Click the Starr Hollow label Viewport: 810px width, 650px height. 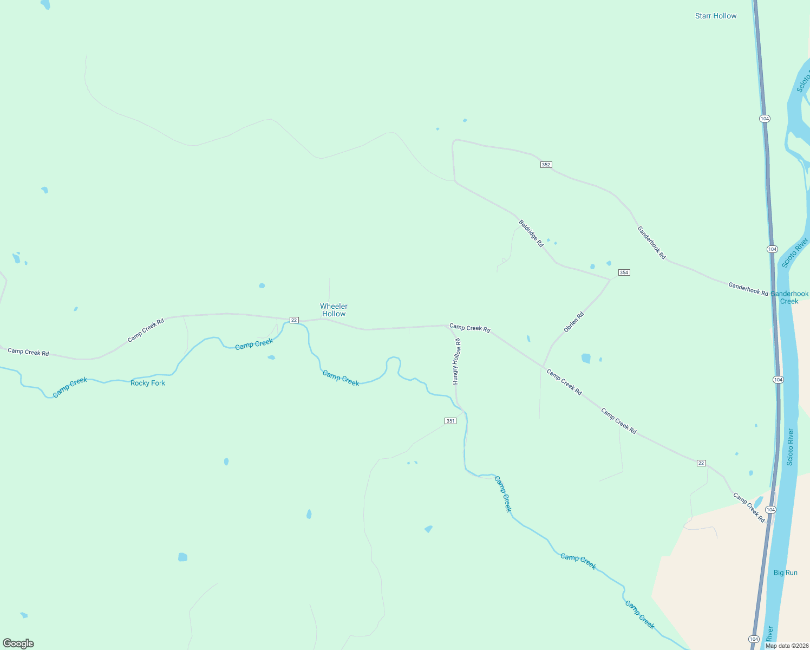715,16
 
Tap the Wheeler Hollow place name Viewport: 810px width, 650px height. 334,310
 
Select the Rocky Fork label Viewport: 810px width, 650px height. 147,383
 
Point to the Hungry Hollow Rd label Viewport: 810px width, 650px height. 456,361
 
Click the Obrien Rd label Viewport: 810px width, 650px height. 573,322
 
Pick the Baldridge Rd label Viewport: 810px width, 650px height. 531,233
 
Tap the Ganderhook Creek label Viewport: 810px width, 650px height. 789,297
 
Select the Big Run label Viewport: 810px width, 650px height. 785,573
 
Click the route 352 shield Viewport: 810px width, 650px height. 546,165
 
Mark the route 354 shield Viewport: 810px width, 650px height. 624,272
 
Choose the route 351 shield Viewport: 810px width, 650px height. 450,421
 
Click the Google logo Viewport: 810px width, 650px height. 18,643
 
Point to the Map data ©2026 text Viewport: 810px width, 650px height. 786,646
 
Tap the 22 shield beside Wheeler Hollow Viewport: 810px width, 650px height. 294,320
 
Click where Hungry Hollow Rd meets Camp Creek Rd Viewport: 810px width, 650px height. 447,326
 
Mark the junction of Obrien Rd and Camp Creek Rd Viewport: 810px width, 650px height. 543,367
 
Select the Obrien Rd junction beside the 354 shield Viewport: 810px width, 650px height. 611,279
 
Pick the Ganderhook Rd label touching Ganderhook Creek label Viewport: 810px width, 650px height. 748,289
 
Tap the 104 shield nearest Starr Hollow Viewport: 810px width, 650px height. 764,119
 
